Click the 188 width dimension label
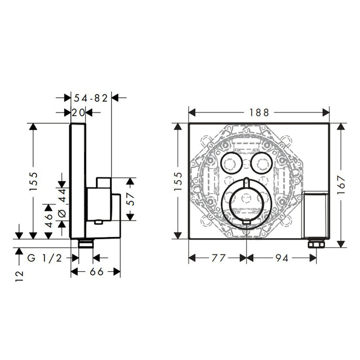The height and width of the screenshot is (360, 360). (259, 112)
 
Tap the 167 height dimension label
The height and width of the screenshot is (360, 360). (341, 185)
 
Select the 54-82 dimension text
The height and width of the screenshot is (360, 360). (91, 98)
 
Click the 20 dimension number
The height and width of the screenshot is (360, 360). (78, 112)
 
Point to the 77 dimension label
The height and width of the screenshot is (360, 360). (219, 258)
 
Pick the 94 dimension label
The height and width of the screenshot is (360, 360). (282, 258)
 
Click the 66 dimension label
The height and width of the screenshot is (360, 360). (96, 272)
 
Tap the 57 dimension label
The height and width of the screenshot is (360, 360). (130, 199)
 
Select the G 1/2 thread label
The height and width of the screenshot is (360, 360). (45, 258)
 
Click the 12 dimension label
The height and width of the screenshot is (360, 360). (19, 276)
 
